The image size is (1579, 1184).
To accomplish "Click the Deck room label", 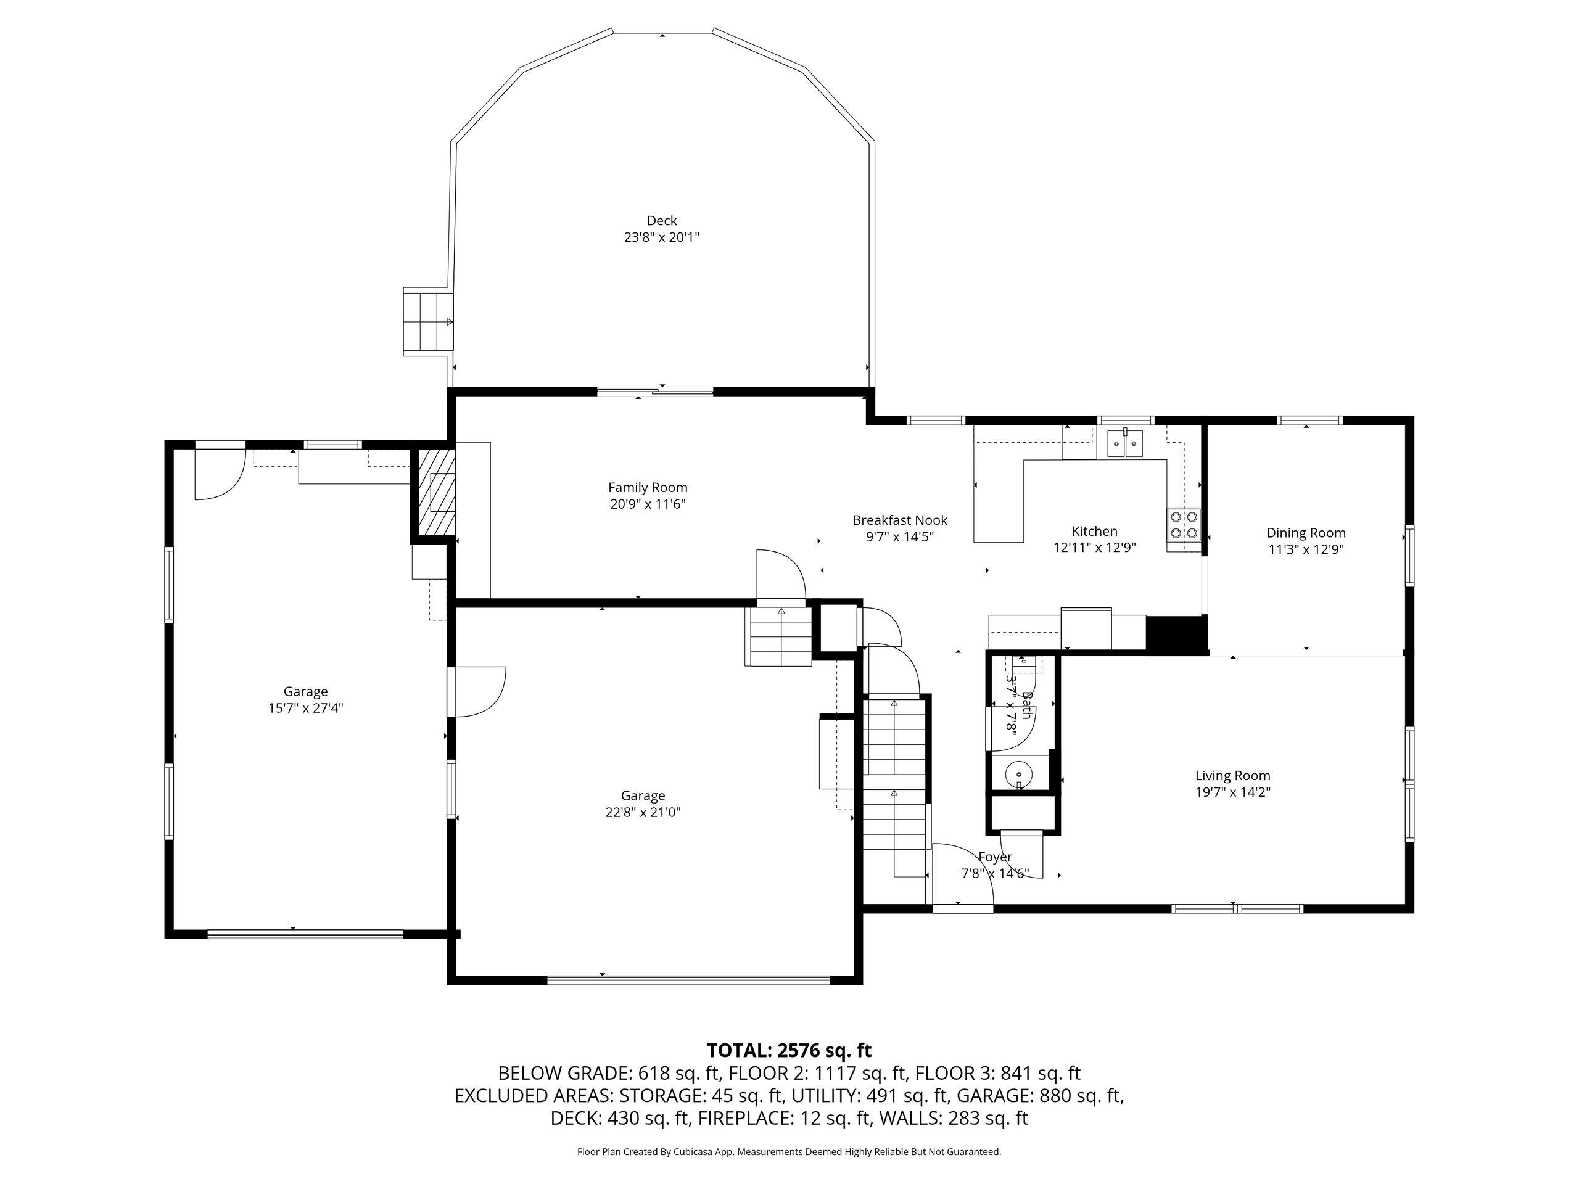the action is [662, 221].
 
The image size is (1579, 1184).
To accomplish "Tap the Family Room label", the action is [648, 487].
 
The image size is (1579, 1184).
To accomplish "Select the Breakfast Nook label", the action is [899, 520].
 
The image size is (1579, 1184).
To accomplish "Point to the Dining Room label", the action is [1306, 533].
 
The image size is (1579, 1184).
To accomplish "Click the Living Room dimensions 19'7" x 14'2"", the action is [1233, 791].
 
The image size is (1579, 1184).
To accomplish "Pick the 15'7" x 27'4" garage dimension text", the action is [305, 708].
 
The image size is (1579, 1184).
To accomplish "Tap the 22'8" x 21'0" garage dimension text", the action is [643, 812].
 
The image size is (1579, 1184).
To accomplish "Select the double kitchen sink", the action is [1125, 443].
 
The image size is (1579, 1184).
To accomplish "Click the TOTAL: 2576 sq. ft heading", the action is [789, 1051].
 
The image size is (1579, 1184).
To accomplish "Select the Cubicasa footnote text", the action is [789, 1151].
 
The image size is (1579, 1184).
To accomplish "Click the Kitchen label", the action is [1094, 532].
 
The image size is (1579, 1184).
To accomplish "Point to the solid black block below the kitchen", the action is [1176, 635].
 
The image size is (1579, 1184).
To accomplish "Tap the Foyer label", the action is [995, 857].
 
